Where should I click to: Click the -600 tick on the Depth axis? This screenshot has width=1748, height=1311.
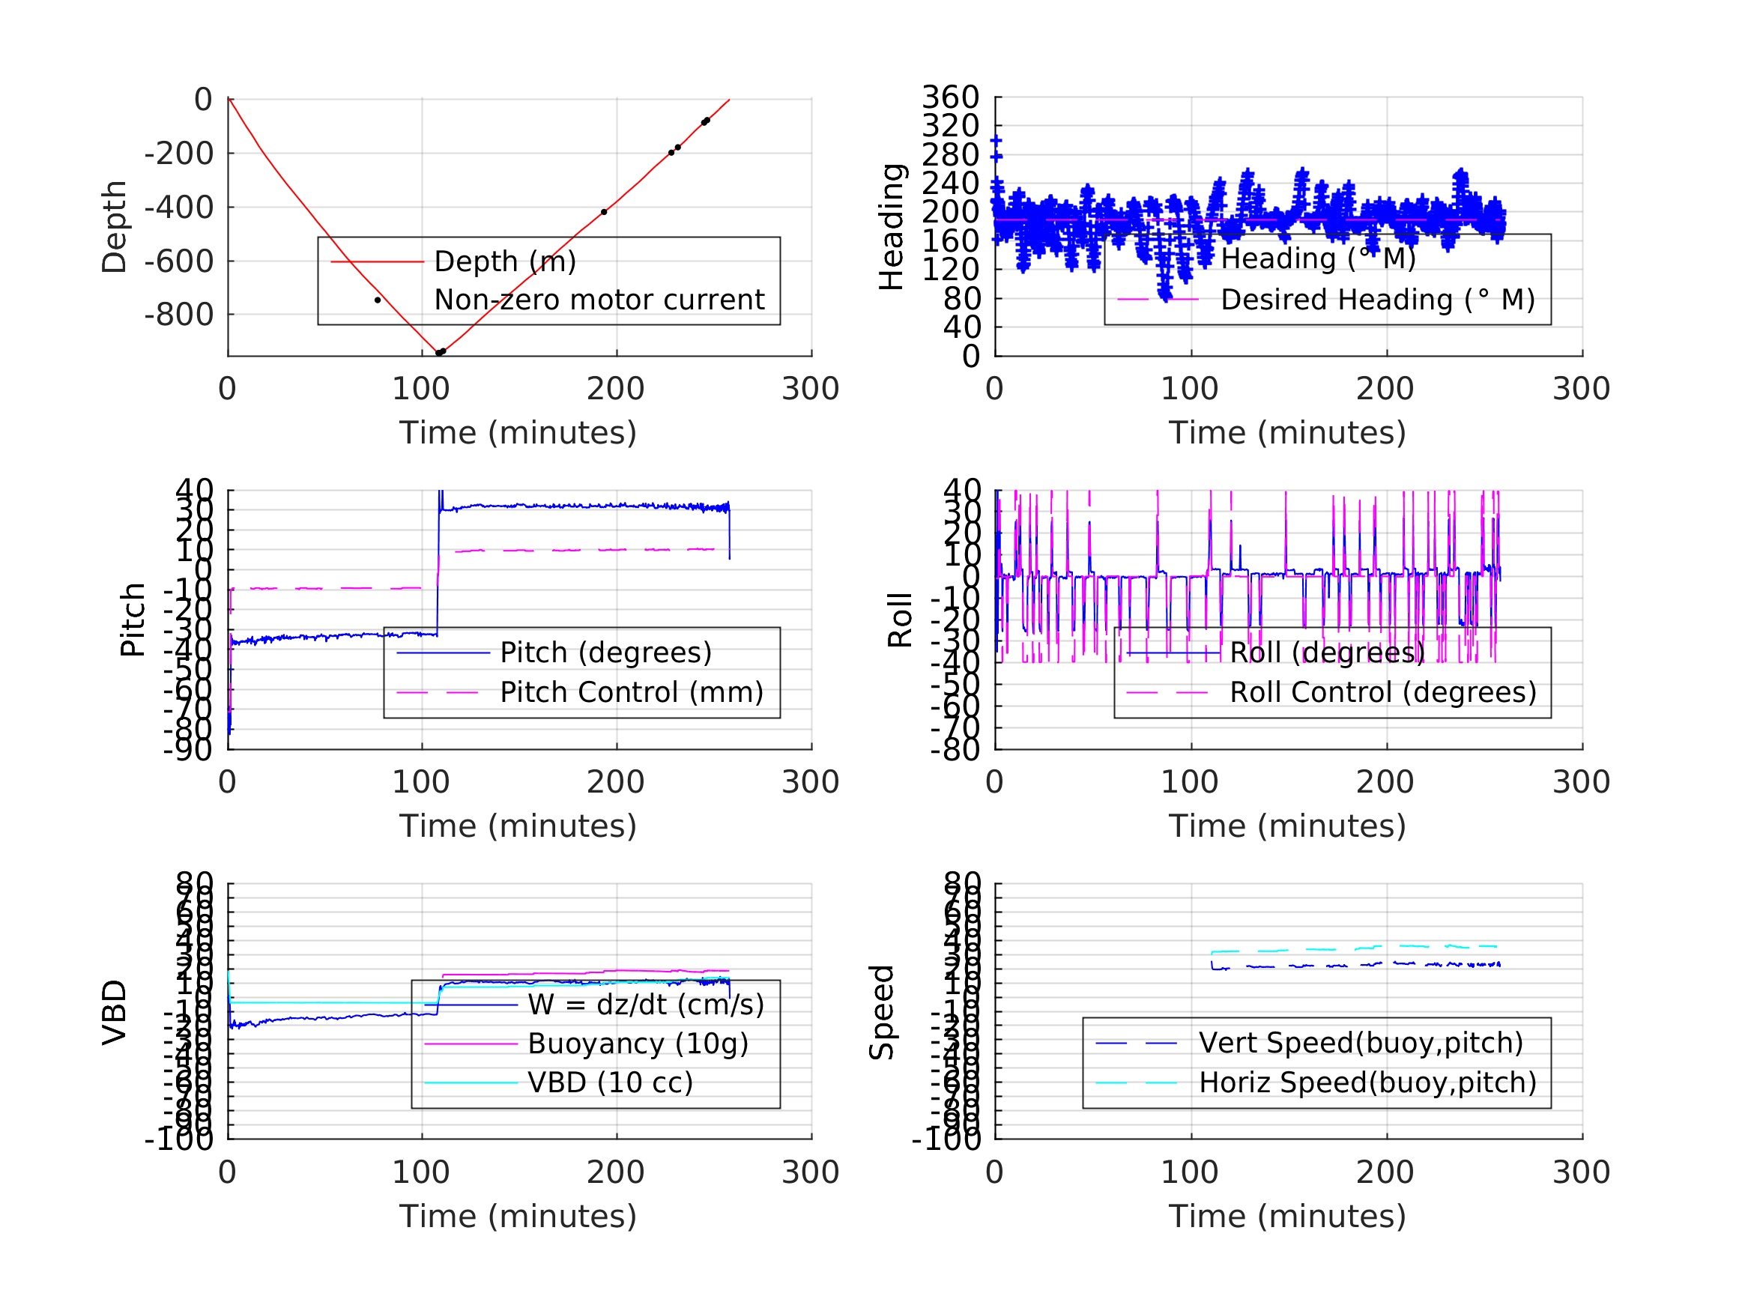pyautogui.click(x=178, y=261)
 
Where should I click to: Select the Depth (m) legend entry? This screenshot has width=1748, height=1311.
pyautogui.click(x=505, y=261)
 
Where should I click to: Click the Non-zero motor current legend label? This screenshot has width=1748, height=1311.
pyautogui.click(x=599, y=300)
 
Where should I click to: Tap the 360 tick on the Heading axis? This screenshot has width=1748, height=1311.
pyautogui.click(x=951, y=97)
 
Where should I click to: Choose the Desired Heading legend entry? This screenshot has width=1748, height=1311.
pyautogui.click(x=1377, y=300)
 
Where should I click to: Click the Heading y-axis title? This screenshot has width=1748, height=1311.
pyautogui.click(x=892, y=227)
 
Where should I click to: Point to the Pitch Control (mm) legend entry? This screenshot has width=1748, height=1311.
pyautogui.click(x=632, y=693)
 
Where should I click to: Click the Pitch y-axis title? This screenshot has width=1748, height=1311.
pyautogui.click(x=133, y=620)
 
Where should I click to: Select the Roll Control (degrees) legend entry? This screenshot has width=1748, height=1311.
pyautogui.click(x=1383, y=693)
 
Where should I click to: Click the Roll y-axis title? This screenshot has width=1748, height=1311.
pyautogui.click(x=900, y=620)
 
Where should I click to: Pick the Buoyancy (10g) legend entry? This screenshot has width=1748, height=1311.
pyautogui.click(x=638, y=1044)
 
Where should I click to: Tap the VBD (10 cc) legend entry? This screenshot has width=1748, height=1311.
pyautogui.click(x=610, y=1083)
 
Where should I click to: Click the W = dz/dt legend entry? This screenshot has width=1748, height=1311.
pyautogui.click(x=646, y=1005)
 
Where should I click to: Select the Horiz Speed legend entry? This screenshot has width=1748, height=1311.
pyautogui.click(x=1367, y=1083)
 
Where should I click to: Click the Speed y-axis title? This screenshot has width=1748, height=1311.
pyautogui.click(x=881, y=1012)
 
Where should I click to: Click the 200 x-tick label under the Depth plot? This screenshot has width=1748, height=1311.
pyautogui.click(x=616, y=389)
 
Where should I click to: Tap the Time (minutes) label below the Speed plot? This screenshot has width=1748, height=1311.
pyautogui.click(x=1287, y=1216)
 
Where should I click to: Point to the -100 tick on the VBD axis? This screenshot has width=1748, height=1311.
pyautogui.click(x=178, y=1139)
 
